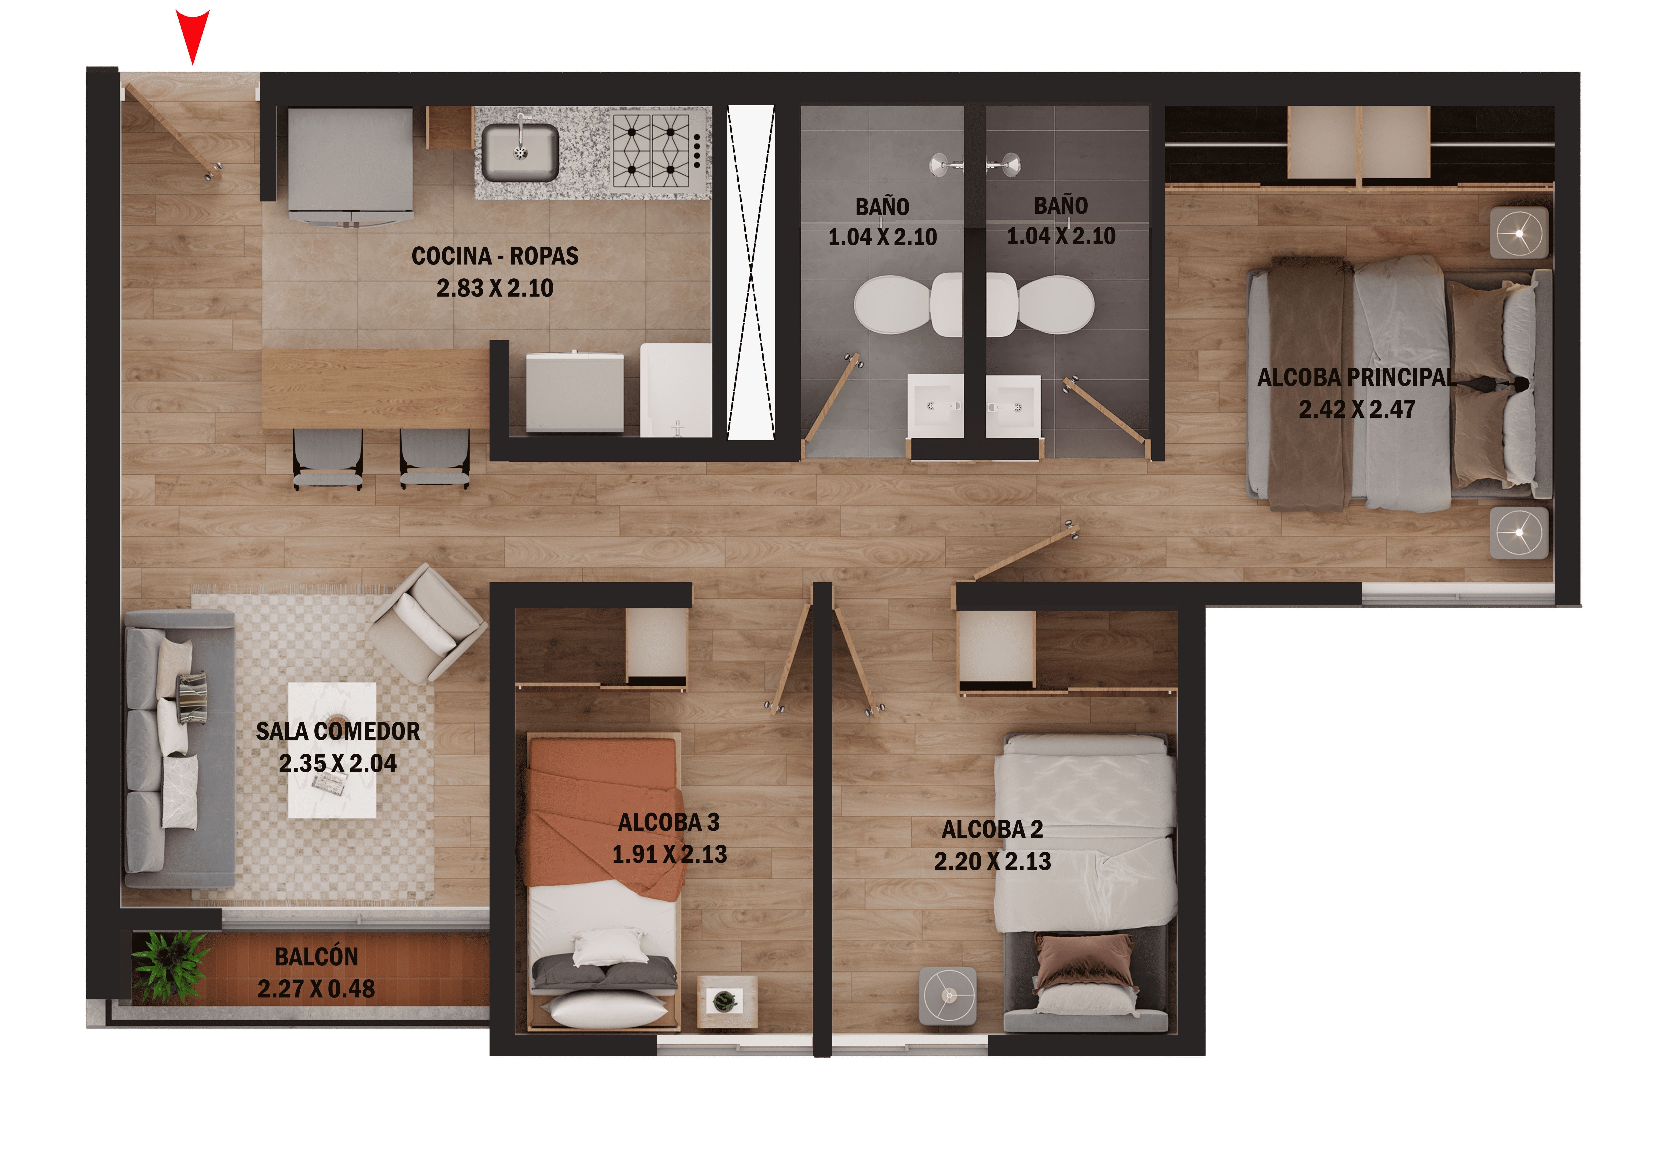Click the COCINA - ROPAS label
(x=495, y=256)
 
